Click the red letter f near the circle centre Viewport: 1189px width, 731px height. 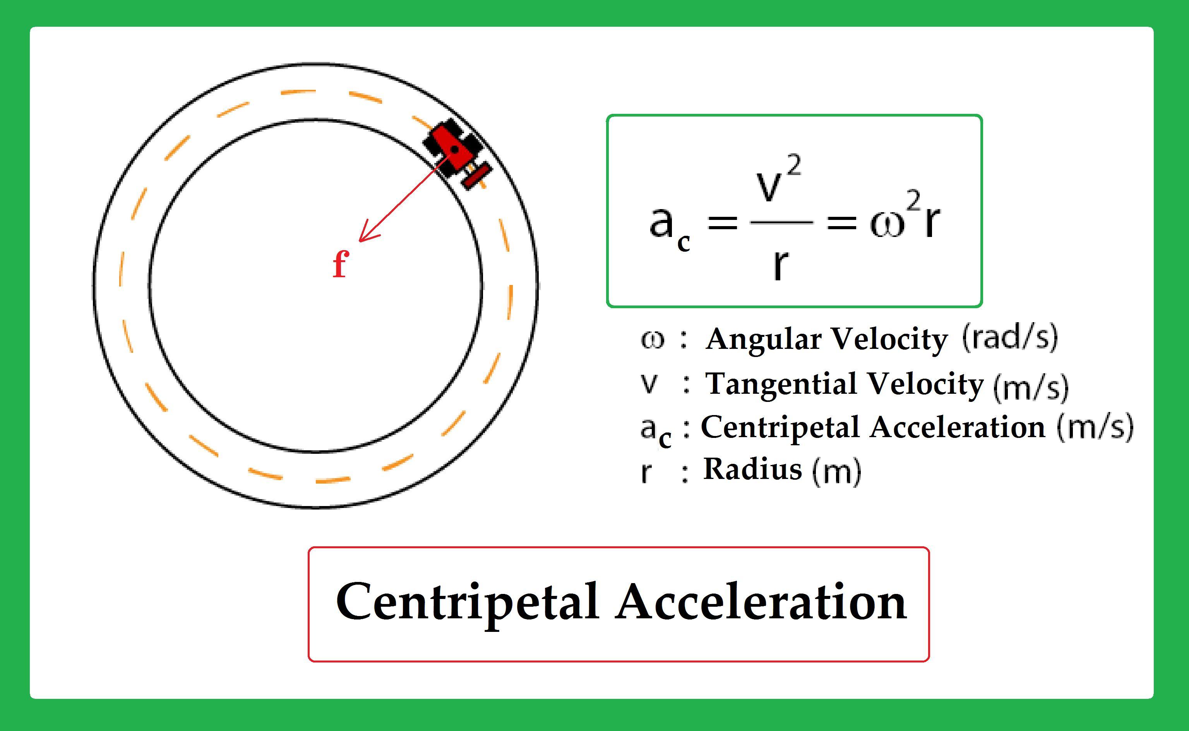[341, 265]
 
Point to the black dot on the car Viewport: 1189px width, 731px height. [455, 150]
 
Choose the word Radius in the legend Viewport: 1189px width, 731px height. [752, 469]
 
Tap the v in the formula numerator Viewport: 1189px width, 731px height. [769, 186]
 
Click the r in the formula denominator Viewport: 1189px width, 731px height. [779, 265]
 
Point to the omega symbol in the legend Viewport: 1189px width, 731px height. [652, 340]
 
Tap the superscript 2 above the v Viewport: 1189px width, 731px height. [794, 166]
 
